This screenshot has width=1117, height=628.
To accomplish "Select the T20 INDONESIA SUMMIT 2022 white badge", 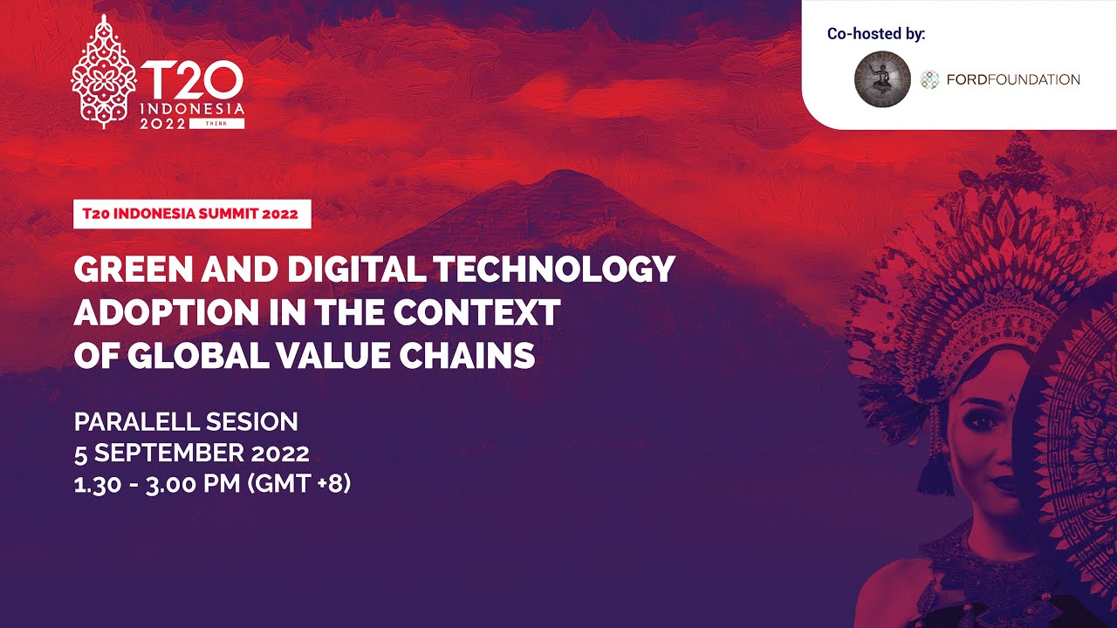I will tap(192, 214).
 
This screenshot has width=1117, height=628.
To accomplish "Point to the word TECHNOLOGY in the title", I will tap(555, 270).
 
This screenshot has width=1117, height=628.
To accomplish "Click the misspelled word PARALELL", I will tap(135, 422).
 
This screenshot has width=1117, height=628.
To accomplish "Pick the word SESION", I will tap(252, 422).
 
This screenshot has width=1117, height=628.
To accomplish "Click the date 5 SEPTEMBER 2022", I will tap(191, 453).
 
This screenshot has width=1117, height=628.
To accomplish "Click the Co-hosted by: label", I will tap(876, 34).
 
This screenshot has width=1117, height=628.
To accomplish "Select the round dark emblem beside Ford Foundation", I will tap(882, 79).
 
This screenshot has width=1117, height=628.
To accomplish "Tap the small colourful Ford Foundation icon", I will tap(930, 79).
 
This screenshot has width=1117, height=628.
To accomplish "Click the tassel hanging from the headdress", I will tap(935, 471).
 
